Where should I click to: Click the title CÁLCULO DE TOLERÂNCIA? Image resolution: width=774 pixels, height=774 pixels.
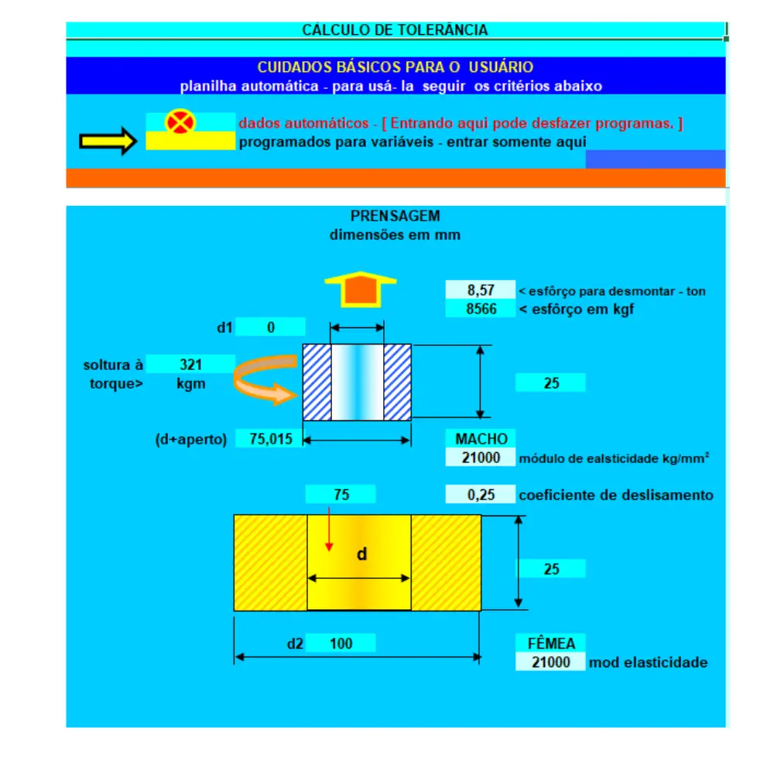[x=395, y=30]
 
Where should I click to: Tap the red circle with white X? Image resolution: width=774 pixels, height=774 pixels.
[x=180, y=122]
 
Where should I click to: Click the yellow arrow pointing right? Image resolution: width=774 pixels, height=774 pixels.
[x=108, y=141]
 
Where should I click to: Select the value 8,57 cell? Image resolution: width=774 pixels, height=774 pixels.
[x=481, y=289]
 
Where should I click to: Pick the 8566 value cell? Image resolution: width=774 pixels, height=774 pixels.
[x=481, y=309]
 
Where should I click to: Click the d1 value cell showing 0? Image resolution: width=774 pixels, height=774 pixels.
[x=270, y=327]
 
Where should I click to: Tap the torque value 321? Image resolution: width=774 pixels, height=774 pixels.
[x=190, y=365]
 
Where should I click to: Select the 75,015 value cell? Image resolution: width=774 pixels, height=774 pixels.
[x=270, y=438]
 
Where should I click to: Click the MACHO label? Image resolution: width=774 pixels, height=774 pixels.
[x=481, y=438]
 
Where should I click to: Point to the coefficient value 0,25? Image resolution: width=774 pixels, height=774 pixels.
[x=481, y=495]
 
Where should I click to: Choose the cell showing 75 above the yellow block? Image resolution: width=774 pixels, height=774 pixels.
[x=341, y=494]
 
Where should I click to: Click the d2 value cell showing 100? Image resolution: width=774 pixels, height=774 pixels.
[x=341, y=643]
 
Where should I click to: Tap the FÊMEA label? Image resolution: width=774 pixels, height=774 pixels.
[x=551, y=643]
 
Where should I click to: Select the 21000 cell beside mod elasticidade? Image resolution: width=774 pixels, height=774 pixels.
[x=551, y=662]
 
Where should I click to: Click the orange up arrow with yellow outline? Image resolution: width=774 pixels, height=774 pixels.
[x=361, y=289]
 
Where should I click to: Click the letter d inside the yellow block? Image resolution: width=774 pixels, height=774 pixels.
[x=361, y=554]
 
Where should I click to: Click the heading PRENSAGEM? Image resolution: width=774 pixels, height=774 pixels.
[x=395, y=216]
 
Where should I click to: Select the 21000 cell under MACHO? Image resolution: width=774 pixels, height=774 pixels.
[x=481, y=457]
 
